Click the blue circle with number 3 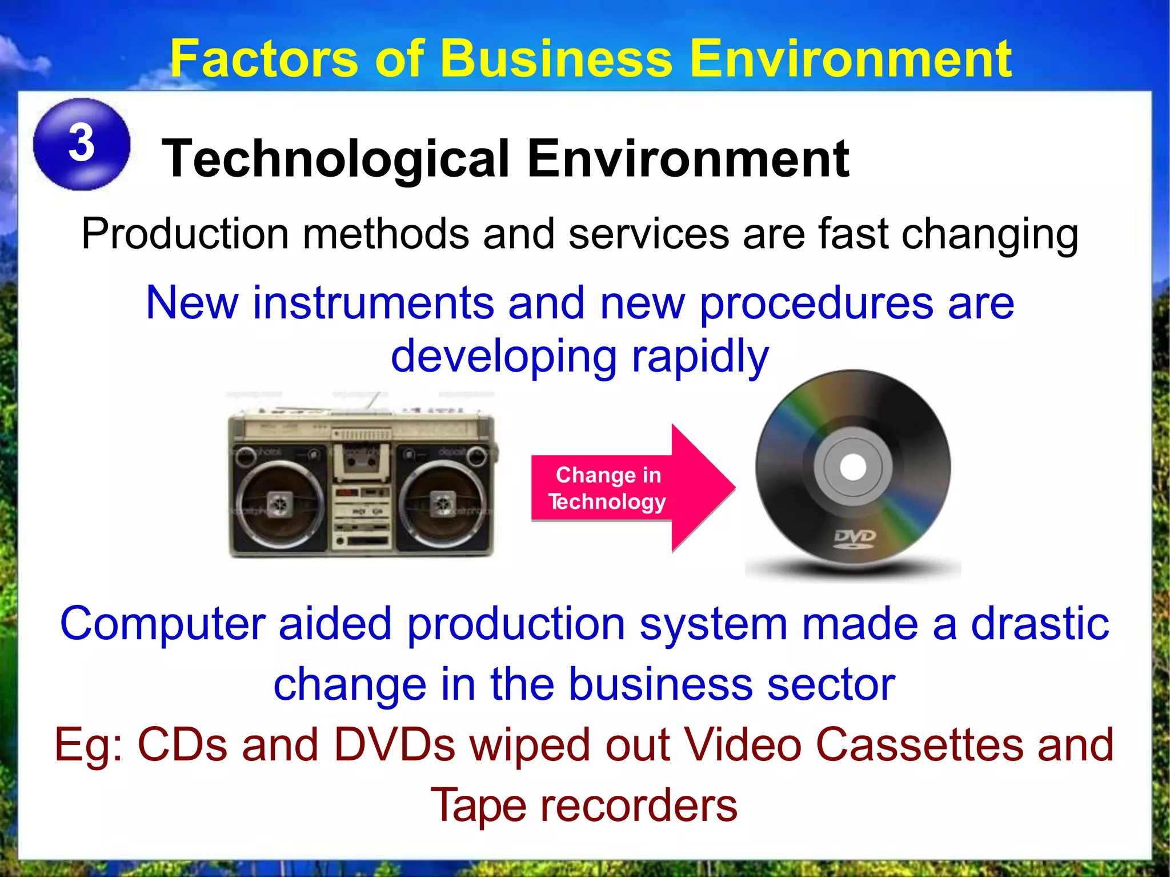tap(82, 144)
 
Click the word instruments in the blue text tap(374, 303)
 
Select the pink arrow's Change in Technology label tap(607, 488)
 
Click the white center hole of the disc tap(853, 467)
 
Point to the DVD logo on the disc tap(855, 538)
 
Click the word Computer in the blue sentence tap(162, 624)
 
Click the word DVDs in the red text tap(395, 746)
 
